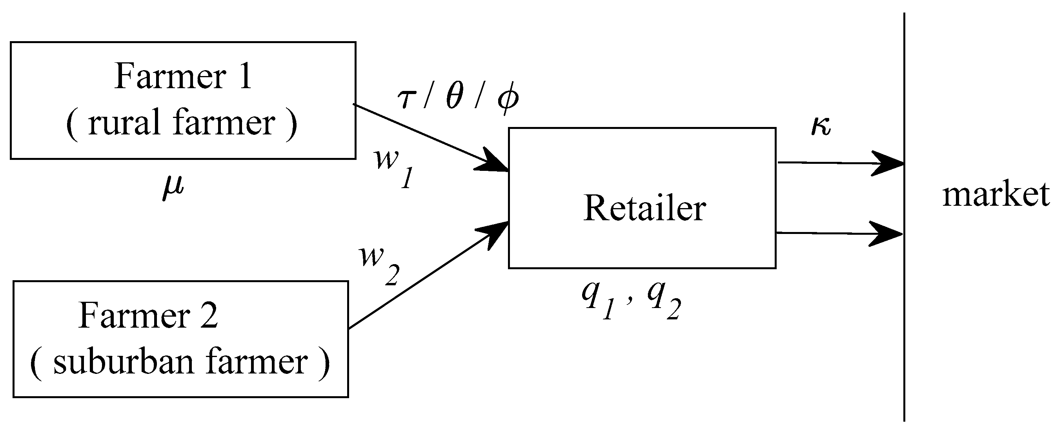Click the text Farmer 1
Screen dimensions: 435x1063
pos(183,77)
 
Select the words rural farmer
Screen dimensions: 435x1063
pos(182,123)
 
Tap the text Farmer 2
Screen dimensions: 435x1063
pos(148,316)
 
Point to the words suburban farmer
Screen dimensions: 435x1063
pos(180,362)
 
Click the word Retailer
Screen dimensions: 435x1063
pos(644,208)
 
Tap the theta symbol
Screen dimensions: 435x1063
pos(454,98)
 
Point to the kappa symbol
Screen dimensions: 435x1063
pos(820,126)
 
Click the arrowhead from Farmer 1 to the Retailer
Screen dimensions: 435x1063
pos(493,162)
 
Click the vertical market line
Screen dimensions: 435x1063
pos(904,309)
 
